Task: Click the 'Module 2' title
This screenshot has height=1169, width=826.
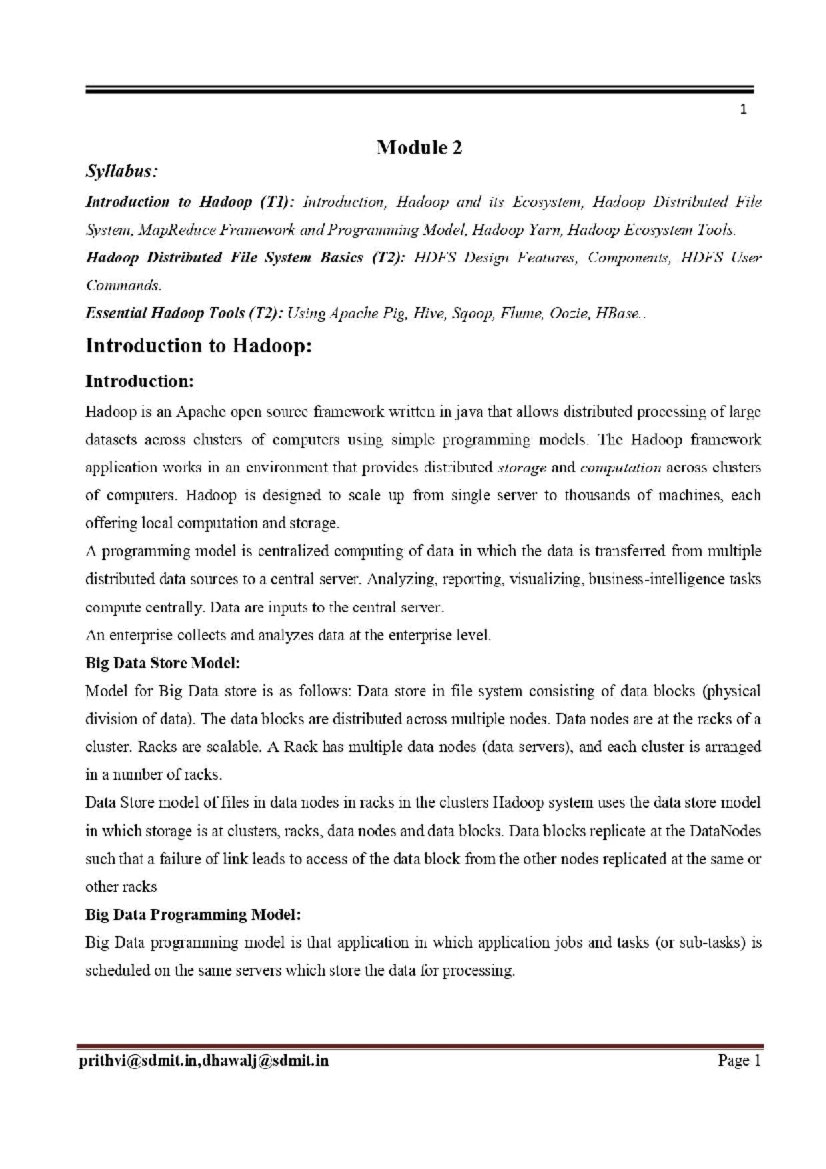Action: pos(419,147)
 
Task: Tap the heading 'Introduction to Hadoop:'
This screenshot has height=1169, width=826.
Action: pos(198,346)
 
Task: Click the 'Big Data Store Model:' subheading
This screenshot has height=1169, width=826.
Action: pos(162,663)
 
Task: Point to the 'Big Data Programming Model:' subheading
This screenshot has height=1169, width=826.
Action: pos(193,914)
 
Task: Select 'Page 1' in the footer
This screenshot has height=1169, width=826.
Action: pos(739,1061)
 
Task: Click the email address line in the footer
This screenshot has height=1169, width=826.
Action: pos(206,1061)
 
